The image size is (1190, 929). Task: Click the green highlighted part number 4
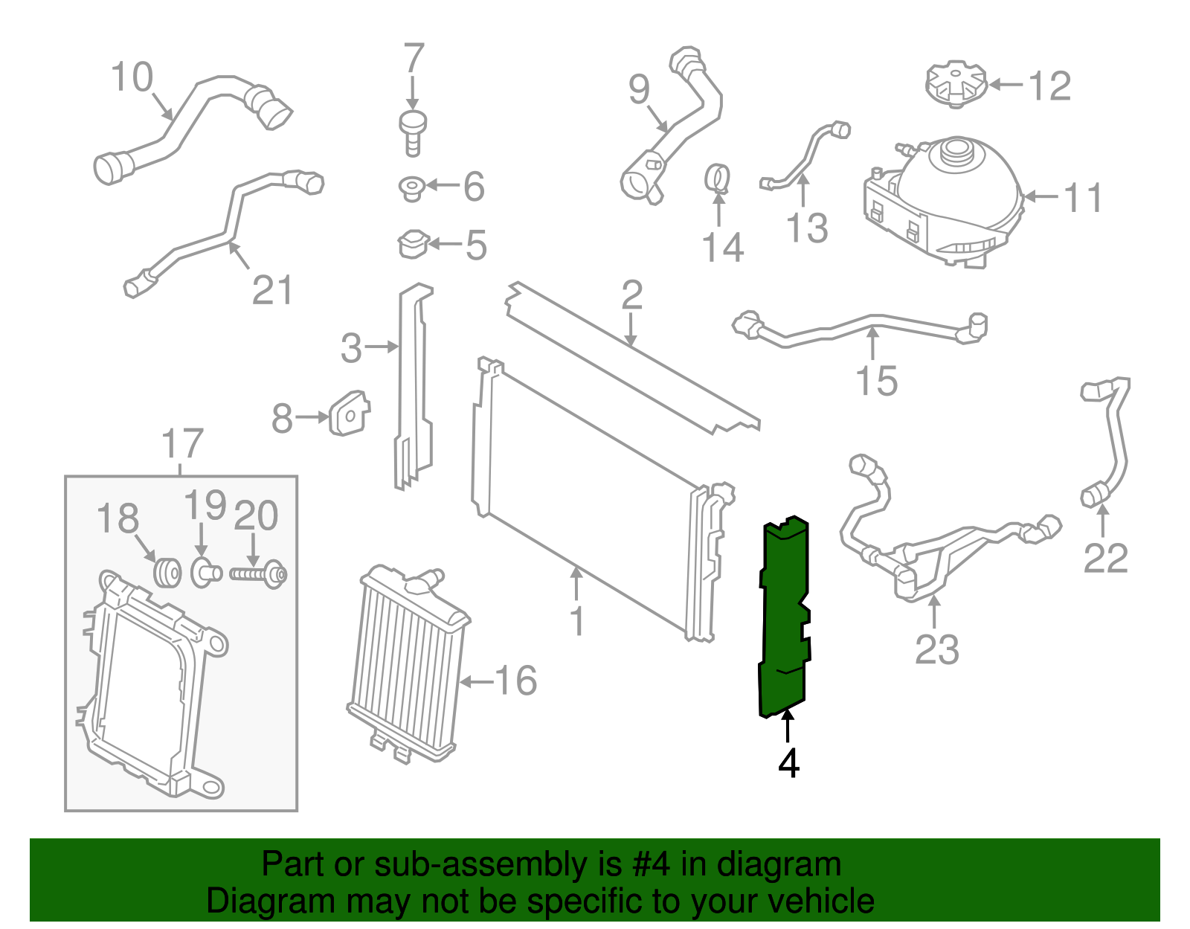[783, 617]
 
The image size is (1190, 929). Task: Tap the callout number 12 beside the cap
[1049, 86]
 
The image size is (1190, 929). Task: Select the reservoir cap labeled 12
[956, 84]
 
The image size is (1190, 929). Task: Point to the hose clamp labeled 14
[718, 178]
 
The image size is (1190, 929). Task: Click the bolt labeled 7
[413, 132]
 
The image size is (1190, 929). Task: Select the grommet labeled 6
[411, 187]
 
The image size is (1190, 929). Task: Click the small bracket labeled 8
[349, 414]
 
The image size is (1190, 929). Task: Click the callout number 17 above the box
[182, 444]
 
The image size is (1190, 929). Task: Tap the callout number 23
[937, 649]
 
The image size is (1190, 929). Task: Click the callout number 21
[273, 290]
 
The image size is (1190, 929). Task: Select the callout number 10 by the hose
[132, 77]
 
